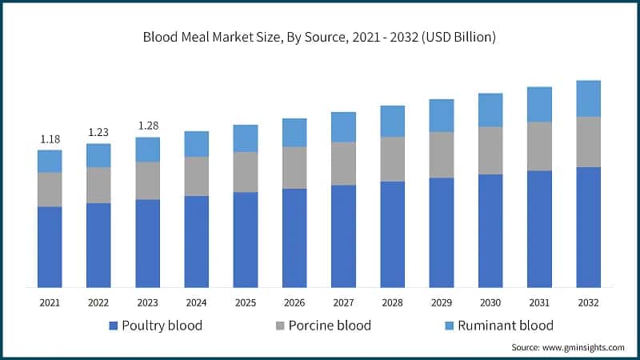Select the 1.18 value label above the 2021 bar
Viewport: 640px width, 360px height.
coord(50,139)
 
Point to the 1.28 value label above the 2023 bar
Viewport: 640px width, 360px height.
coord(147,126)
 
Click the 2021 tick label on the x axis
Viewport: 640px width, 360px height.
coord(50,302)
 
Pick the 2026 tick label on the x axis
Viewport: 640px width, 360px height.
coord(294,302)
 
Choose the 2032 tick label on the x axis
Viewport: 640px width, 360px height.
coord(588,302)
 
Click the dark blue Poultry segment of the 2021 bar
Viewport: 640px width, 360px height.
coord(50,246)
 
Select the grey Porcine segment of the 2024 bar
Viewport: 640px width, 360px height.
coord(196,176)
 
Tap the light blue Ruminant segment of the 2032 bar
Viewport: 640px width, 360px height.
coord(588,98)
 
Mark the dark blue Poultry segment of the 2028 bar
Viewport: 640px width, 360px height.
coord(392,234)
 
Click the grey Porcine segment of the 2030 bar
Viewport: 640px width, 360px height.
coord(490,150)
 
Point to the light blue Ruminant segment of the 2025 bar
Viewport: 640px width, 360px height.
coord(246,138)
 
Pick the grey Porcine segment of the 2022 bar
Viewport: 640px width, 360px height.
coord(98,185)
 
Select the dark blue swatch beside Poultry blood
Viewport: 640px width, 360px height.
coord(113,326)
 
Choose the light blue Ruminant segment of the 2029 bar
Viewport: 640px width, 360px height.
coord(441,116)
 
